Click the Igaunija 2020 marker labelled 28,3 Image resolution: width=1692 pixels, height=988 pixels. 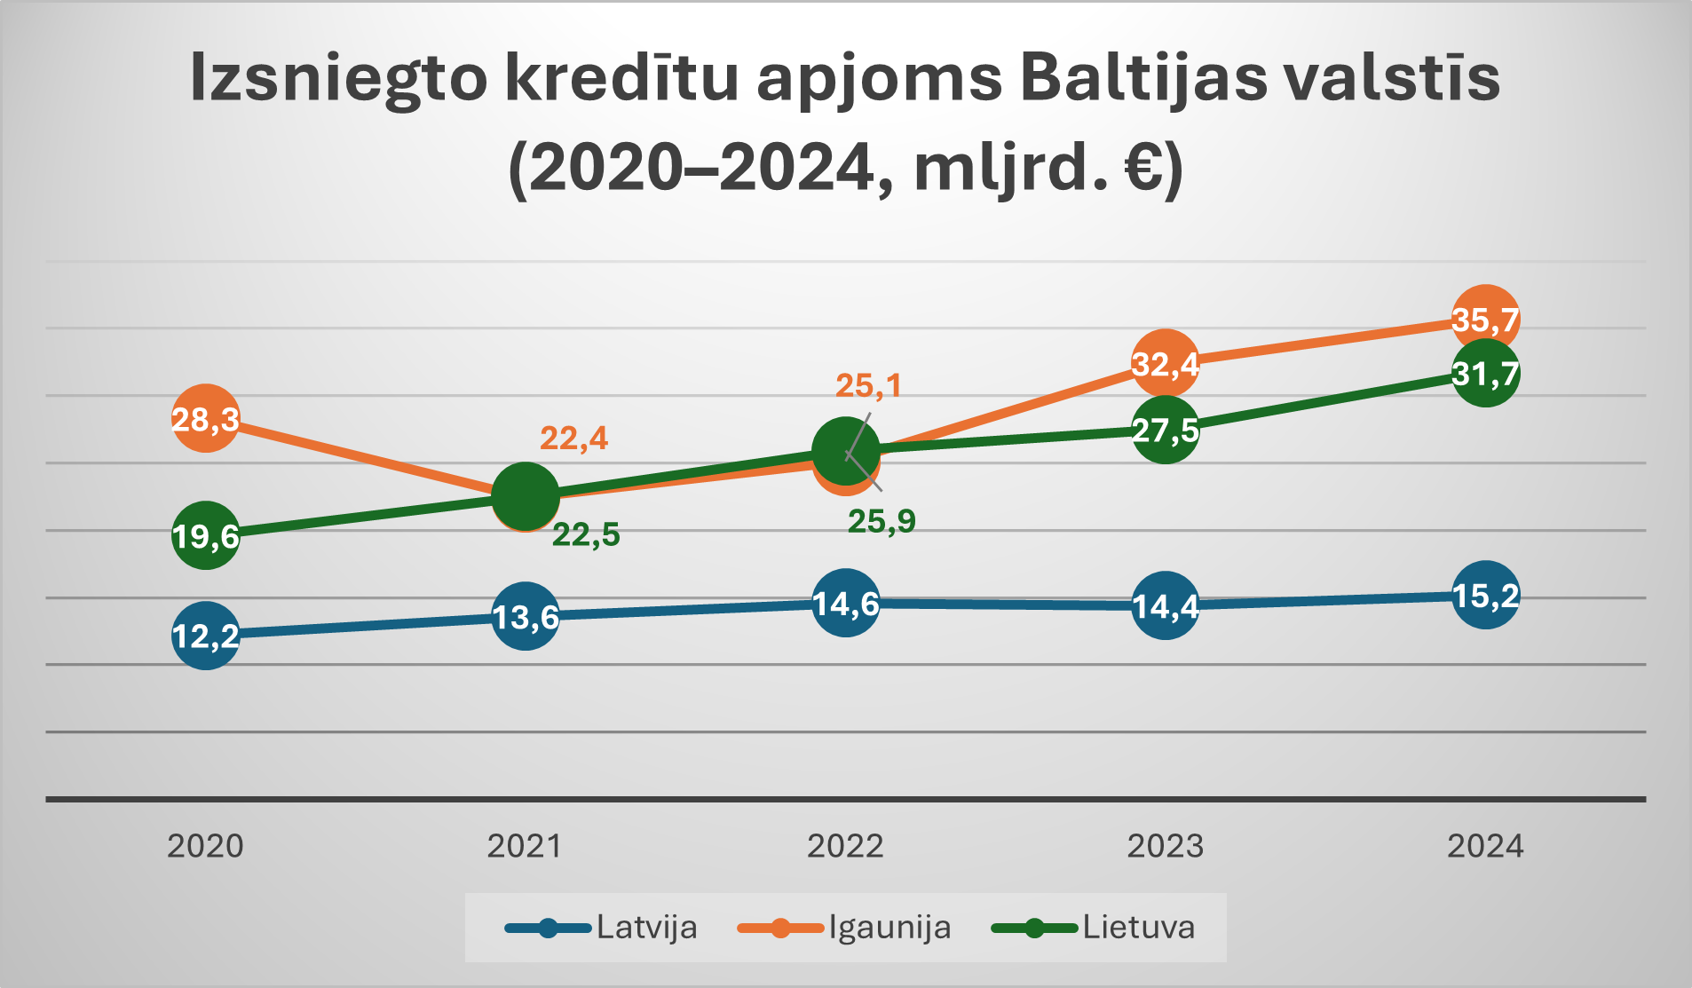point(205,418)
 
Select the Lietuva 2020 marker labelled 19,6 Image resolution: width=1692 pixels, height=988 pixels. point(205,535)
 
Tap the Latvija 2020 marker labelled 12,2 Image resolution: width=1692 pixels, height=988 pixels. point(205,636)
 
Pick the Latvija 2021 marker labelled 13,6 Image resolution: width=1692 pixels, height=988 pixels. point(526,616)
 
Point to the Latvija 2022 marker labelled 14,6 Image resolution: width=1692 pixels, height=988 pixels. point(846,603)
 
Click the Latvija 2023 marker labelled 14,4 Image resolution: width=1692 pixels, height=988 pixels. point(1166,606)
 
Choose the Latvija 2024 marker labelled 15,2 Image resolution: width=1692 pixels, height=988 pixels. point(1485,595)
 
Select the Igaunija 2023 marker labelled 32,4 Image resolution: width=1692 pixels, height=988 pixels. point(1166,363)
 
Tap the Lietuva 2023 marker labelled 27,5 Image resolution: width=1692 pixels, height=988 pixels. point(1166,430)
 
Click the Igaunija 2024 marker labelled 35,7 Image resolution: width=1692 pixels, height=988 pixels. point(1485,319)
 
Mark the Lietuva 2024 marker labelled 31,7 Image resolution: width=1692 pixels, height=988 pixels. point(1485,373)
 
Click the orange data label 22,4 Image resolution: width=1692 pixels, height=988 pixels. point(574,438)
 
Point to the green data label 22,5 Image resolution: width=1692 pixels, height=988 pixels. point(586,534)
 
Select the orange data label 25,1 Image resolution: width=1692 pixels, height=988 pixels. point(869,385)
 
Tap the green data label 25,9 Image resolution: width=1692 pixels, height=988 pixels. point(882,521)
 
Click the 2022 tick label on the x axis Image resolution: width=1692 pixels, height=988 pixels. point(845,846)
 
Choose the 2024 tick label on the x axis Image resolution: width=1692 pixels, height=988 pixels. point(1485,846)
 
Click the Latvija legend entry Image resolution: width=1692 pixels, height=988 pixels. point(645,928)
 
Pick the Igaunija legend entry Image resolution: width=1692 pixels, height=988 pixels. point(889,928)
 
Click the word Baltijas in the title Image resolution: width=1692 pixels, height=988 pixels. point(1144,78)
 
